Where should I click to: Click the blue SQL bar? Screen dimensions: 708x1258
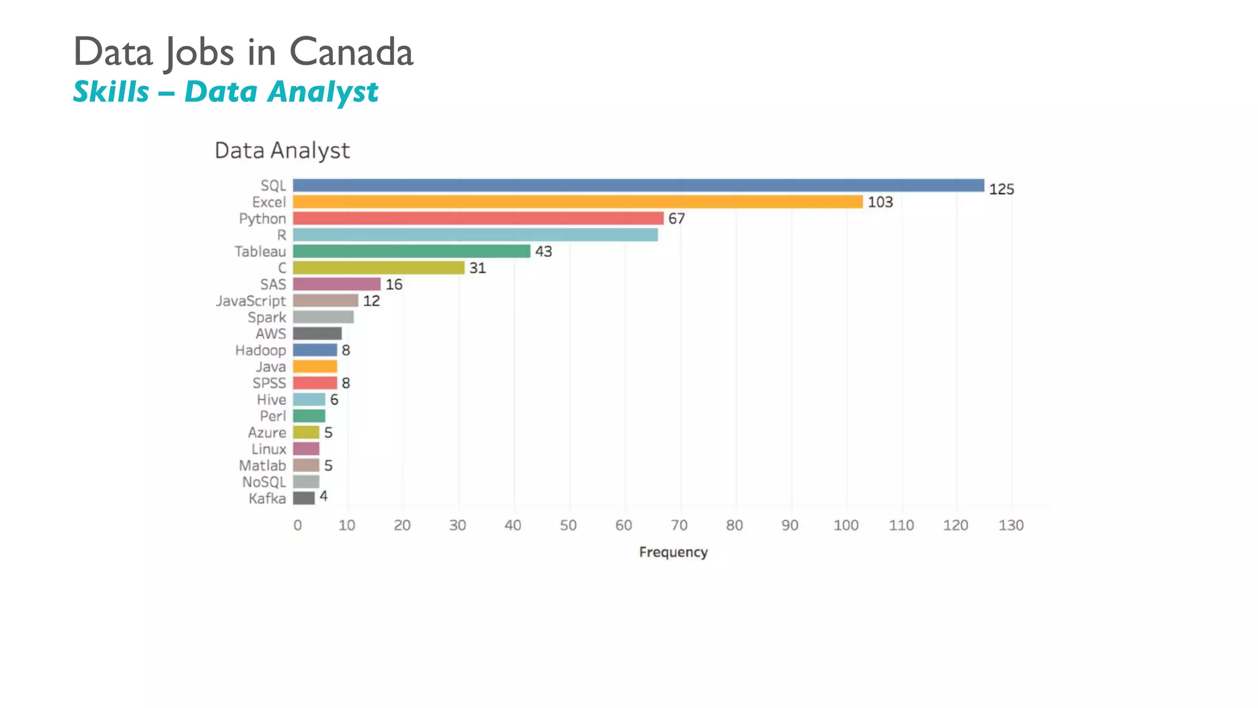(x=638, y=186)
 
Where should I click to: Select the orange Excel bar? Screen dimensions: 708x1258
(x=577, y=202)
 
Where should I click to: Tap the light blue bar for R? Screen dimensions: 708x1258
(x=475, y=235)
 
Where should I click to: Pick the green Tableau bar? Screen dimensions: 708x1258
(x=411, y=251)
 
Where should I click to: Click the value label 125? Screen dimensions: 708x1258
(x=1001, y=189)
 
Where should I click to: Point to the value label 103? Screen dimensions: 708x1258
(x=880, y=202)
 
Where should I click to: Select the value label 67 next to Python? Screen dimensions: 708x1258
(x=676, y=219)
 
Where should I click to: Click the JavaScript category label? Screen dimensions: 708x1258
(x=251, y=301)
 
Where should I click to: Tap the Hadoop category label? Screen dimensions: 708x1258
(x=260, y=350)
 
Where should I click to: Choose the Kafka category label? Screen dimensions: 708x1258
(x=267, y=498)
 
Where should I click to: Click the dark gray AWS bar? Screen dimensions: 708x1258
(x=317, y=334)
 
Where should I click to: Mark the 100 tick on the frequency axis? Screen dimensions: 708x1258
(x=846, y=525)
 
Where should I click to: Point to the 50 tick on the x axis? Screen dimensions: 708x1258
(x=568, y=525)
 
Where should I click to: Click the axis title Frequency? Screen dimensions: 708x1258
(x=673, y=552)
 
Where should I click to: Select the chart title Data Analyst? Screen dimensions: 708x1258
(x=282, y=151)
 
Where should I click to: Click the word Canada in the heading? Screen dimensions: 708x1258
(x=351, y=52)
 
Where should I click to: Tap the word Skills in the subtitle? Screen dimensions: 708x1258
(x=111, y=92)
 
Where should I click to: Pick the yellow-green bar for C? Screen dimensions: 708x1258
(x=378, y=268)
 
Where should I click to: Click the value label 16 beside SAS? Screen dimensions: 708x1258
(x=394, y=285)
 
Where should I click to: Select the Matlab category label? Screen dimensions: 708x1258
(x=262, y=466)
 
